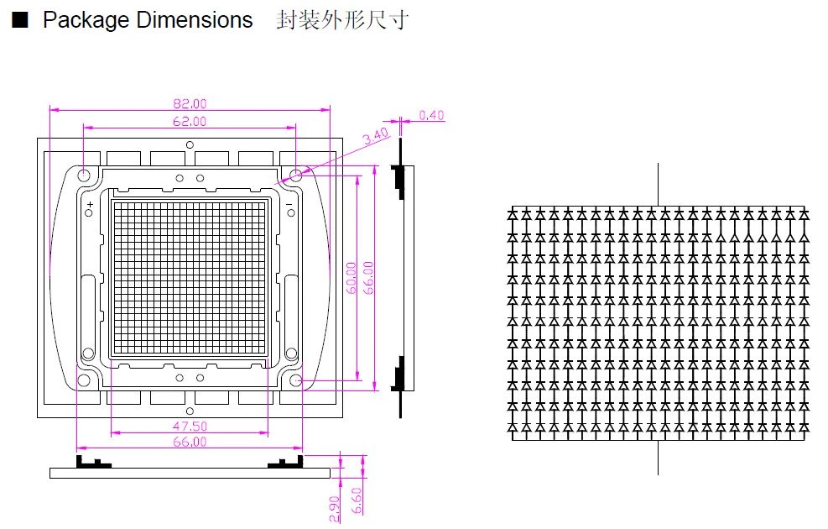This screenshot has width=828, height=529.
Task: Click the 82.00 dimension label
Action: pos(190,103)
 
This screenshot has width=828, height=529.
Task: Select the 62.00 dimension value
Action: pos(190,122)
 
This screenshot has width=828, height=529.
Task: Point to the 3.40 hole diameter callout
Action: pos(376,136)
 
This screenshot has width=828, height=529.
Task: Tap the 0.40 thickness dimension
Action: pos(431,115)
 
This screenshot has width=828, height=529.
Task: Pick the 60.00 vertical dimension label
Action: pos(352,278)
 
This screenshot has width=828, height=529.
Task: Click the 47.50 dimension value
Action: pos(190,426)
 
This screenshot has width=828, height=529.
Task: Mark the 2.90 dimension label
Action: pos(334,510)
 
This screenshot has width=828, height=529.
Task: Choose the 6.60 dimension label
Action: pos(357,500)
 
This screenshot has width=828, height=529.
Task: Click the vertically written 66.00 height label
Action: pos(368,278)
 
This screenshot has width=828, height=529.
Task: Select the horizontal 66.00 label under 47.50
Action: pos(190,442)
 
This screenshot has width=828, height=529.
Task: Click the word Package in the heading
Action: pos(86,21)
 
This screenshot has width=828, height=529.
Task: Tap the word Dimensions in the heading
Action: pos(195,20)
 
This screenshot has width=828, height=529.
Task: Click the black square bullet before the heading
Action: pos(20,20)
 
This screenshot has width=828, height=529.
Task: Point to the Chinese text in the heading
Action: pos(342,21)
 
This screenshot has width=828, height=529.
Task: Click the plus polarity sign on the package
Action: pos(91,204)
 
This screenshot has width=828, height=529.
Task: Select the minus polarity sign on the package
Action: pos(289,204)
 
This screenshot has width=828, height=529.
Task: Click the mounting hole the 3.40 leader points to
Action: pos(295,175)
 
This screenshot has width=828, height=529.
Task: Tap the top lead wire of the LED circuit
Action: pos(658,185)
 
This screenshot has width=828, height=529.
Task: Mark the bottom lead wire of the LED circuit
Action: pos(658,457)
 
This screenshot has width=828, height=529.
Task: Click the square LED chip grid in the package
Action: pos(190,277)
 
